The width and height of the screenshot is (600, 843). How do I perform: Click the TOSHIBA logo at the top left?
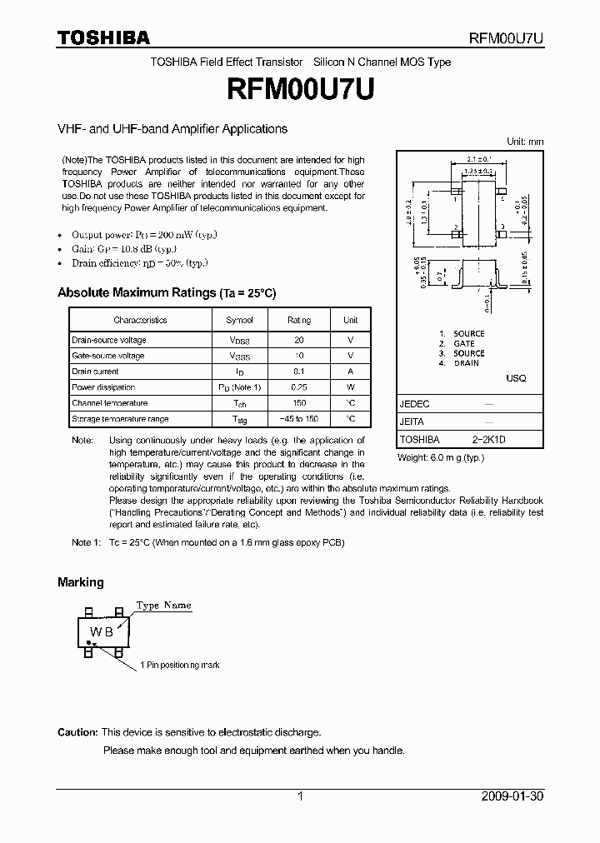tap(103, 37)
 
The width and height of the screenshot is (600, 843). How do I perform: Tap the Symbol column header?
tap(239, 320)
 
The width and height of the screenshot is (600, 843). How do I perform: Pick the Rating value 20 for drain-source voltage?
tap(299, 340)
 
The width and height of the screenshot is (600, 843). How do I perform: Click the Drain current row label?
tap(95, 372)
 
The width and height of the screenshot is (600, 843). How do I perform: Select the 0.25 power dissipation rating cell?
tap(299, 387)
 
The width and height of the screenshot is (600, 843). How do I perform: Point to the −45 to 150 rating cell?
tap(299, 419)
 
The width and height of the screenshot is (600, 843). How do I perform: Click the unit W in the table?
tap(351, 387)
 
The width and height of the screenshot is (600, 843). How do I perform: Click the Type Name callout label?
tap(163, 606)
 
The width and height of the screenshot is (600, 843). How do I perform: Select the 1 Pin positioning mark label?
tap(179, 666)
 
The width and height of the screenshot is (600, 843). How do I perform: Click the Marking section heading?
tap(81, 582)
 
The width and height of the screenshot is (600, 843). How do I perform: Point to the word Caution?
tap(77, 732)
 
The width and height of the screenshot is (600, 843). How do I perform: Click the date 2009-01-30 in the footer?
tap(512, 796)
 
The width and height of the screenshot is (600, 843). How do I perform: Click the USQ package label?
tap(516, 378)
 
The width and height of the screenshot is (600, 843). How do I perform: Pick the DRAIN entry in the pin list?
tap(466, 363)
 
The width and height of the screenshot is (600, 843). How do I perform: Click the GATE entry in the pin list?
tap(463, 343)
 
